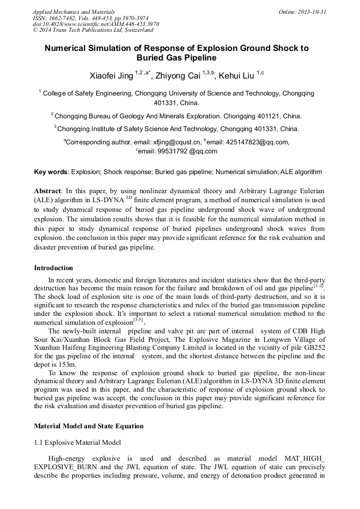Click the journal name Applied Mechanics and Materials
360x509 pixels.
tap(74, 11)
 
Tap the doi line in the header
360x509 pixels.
tap(96, 24)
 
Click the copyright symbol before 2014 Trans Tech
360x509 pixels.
tap(35, 30)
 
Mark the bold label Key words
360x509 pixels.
tap(50, 172)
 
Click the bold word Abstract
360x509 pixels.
tap(48, 190)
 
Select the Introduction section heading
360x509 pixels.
tap(54, 268)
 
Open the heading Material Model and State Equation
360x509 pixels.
tap(89, 426)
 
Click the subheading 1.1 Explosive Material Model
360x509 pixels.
tap(78, 442)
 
